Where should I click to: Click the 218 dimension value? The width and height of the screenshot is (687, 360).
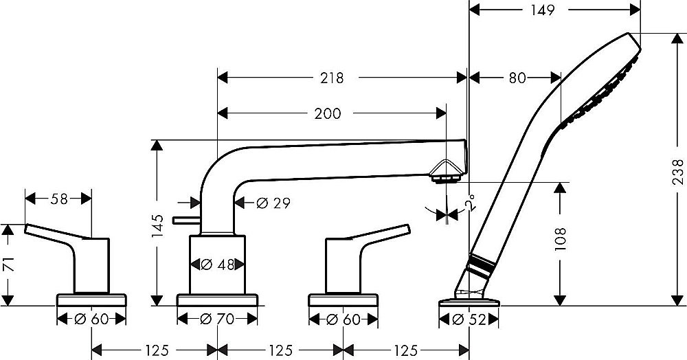pos(331,78)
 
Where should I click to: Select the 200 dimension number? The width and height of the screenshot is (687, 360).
pos(328,114)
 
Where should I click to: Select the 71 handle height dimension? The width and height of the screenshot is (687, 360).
pos(8,264)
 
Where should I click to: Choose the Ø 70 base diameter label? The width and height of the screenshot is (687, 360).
pos(218,319)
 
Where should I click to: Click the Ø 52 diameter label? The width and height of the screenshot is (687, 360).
pos(469,319)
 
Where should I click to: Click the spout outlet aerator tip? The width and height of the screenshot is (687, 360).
pos(447,178)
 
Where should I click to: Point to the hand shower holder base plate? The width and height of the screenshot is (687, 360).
pos(469,300)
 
